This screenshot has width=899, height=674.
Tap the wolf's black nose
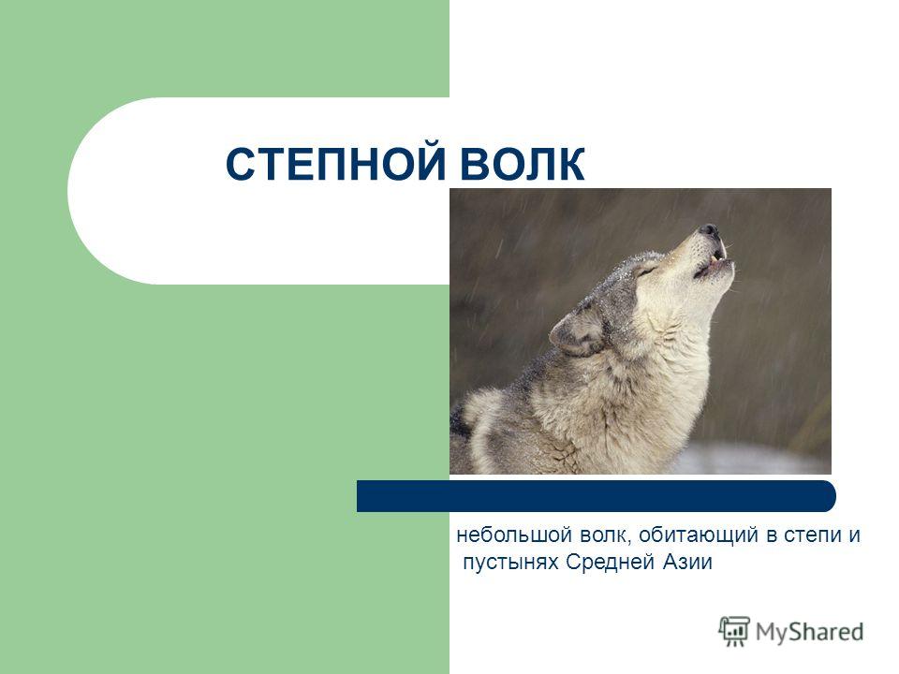coord(710,231)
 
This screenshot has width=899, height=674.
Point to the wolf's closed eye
coord(647,271)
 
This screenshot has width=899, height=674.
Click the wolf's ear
coord(578,331)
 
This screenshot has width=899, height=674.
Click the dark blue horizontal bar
coord(597,496)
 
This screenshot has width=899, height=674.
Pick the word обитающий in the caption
coord(699,536)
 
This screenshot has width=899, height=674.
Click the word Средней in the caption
coord(611,563)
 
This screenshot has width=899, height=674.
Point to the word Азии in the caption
coord(687,562)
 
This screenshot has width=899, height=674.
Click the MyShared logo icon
coord(734,632)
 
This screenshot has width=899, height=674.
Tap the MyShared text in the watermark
coord(809,632)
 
